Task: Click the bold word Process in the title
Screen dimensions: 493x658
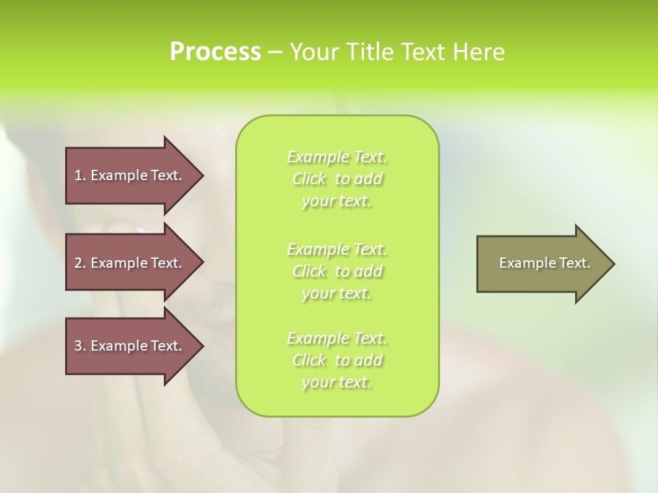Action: click(x=215, y=52)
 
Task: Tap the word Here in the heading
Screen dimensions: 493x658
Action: click(x=479, y=52)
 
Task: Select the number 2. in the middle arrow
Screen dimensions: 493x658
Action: click(x=80, y=263)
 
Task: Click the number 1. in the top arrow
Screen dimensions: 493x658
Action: click(x=80, y=175)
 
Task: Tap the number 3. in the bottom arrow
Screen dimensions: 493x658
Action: click(x=80, y=346)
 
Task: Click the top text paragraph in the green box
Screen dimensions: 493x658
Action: click(x=337, y=179)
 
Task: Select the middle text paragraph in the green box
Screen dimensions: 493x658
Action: click(x=337, y=271)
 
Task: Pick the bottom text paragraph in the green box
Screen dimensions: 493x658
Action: click(x=337, y=360)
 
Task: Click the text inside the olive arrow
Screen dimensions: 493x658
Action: click(x=544, y=263)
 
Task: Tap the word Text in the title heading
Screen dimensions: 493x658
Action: click(x=424, y=52)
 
